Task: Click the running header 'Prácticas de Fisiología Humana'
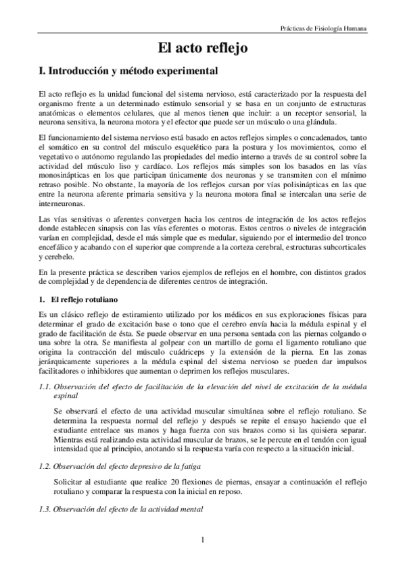[324, 30]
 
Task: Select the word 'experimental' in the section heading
[186, 70]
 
